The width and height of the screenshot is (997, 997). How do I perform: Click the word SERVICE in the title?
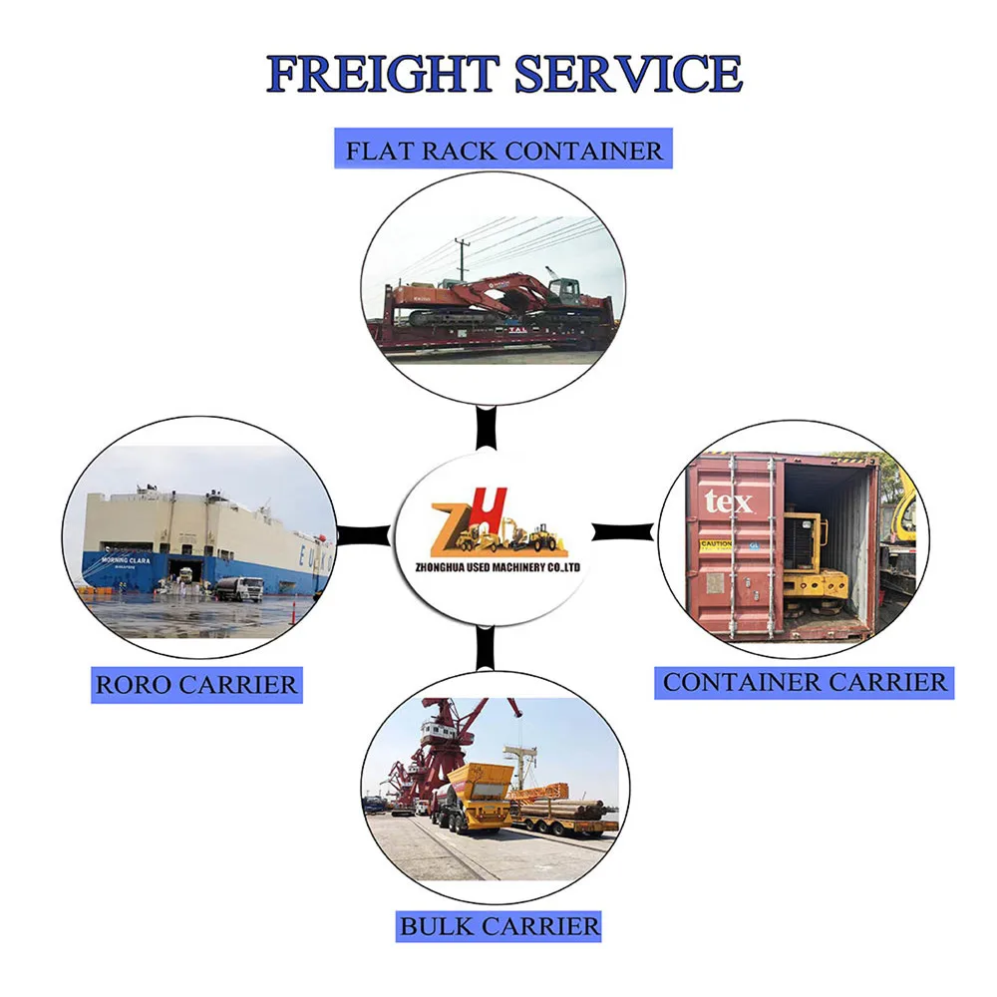[x=628, y=75]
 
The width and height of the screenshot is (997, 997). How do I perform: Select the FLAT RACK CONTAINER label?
[x=503, y=152]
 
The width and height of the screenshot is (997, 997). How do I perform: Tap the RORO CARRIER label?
[x=196, y=685]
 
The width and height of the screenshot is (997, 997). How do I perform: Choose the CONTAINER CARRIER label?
[x=805, y=682]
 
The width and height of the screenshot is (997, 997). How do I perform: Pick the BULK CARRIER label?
[x=499, y=925]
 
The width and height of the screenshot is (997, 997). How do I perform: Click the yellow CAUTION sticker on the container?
[x=715, y=546]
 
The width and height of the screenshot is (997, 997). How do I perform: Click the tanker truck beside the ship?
[x=239, y=588]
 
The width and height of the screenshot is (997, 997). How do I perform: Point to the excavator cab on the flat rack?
[x=564, y=290]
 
